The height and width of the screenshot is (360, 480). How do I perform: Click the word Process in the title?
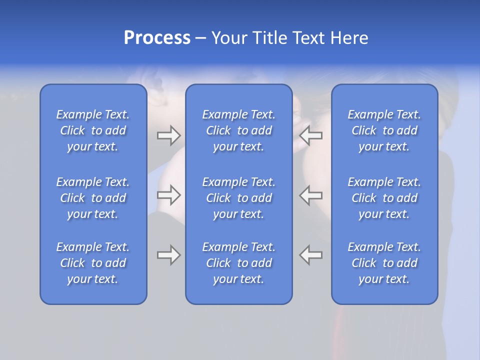tap(157, 38)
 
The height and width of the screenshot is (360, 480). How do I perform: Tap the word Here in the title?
tap(349, 38)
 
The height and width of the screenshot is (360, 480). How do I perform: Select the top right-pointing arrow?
tap(168, 135)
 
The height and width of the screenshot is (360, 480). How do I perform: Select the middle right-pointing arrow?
tap(168, 195)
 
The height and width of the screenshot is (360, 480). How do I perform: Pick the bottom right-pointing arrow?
tap(168, 255)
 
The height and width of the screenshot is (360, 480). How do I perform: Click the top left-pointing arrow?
tap(311, 135)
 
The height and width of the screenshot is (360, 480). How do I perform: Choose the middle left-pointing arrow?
tap(311, 195)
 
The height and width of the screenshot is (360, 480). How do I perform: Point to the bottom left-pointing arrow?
tap(311, 255)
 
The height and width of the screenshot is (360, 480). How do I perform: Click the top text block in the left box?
tap(93, 130)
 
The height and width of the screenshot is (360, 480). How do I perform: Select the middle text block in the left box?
tap(93, 198)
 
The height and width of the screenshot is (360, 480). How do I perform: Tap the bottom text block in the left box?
tap(93, 263)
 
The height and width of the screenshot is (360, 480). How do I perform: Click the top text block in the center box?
tap(238, 130)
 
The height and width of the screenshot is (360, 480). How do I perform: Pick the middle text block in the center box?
tap(238, 198)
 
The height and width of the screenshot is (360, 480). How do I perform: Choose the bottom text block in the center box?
tap(238, 263)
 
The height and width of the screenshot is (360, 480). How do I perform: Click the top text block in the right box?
tap(384, 130)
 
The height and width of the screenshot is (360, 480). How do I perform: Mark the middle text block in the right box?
tap(384, 198)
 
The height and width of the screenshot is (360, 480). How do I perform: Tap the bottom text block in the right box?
tap(384, 263)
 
